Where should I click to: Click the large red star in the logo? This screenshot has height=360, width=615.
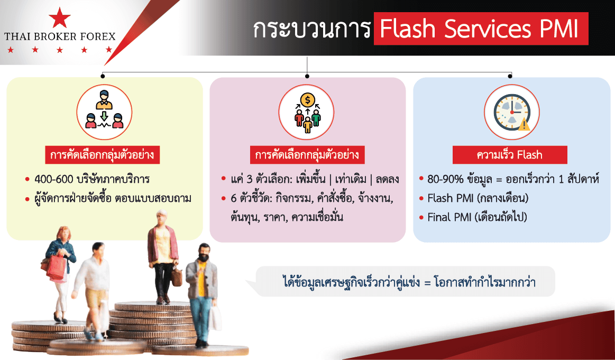point(60,17)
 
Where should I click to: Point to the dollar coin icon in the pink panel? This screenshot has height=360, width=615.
point(308,100)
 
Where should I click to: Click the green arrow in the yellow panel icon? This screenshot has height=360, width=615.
point(104,116)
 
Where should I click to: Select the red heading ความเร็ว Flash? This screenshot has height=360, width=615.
point(509,155)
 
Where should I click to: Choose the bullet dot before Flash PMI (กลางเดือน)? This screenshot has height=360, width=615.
point(421,198)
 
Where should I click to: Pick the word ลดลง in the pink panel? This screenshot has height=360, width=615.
point(387,180)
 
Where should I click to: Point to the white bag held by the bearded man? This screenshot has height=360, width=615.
point(214,318)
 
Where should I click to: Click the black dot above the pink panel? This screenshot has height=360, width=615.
point(307,76)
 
